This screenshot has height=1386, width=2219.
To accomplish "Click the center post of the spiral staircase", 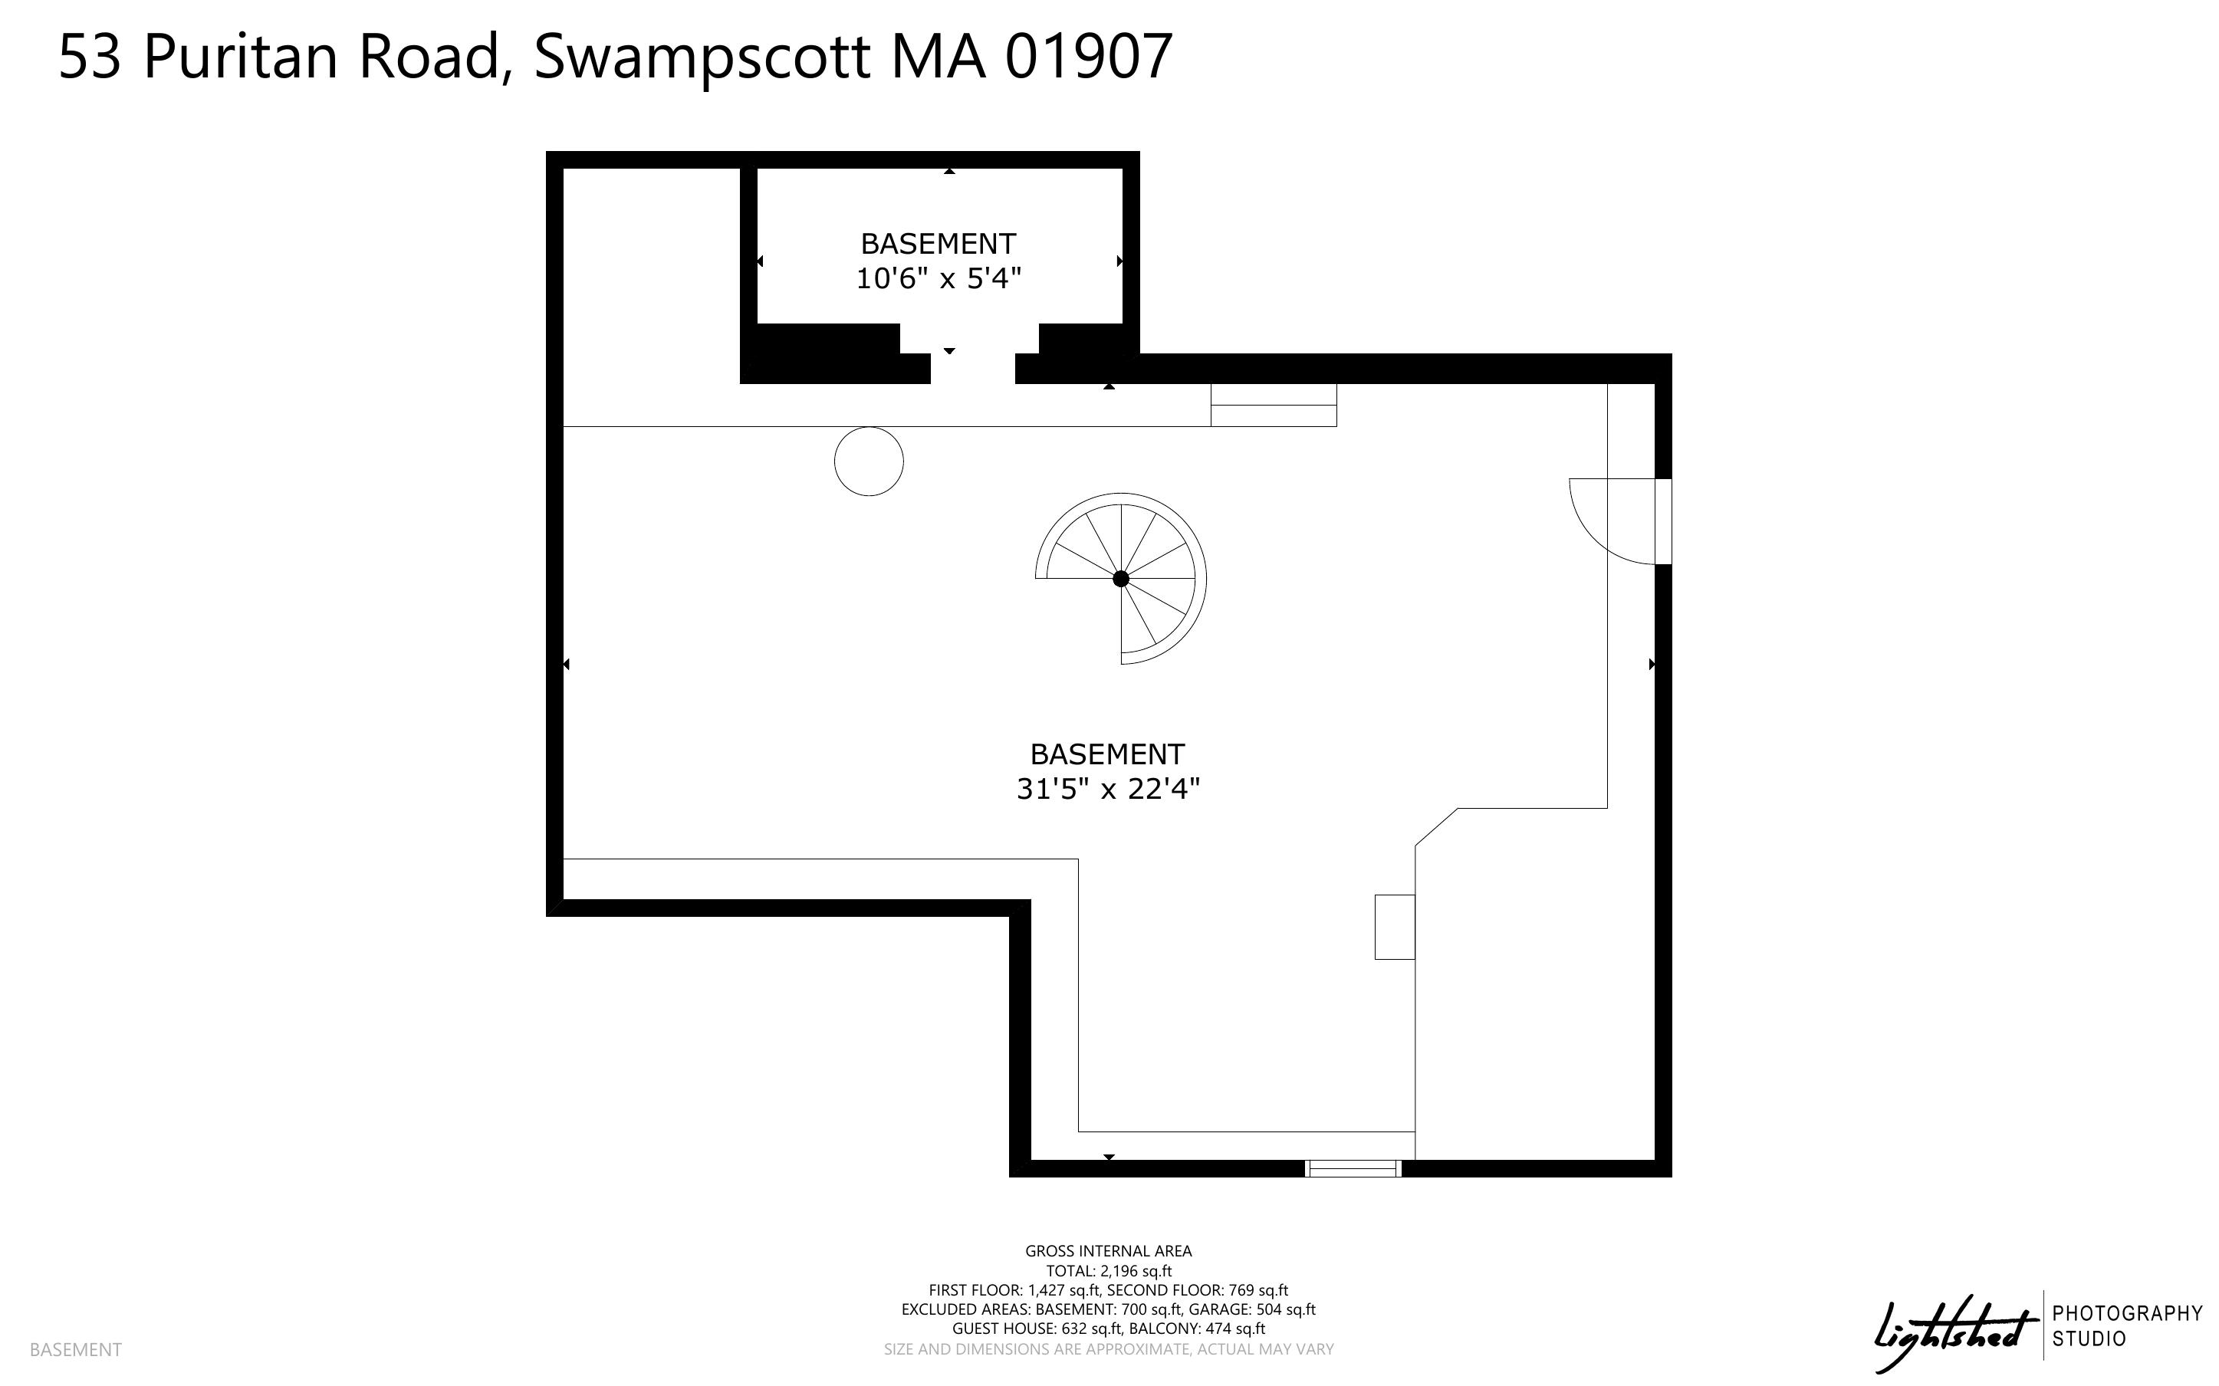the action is click(x=1120, y=579).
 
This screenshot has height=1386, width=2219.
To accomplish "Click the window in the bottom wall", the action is click(x=1353, y=1168).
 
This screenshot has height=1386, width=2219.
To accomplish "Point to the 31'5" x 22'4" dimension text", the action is click(x=1108, y=788).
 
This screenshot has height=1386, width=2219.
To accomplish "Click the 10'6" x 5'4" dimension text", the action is click(x=939, y=278).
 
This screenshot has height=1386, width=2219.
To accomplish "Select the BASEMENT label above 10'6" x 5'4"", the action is click(x=939, y=244).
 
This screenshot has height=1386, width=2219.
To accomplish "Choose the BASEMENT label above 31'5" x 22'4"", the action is click(x=1107, y=754).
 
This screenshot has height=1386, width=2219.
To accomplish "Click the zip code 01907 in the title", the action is click(x=1088, y=56).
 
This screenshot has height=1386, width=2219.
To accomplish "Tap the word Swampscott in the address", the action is click(x=702, y=57).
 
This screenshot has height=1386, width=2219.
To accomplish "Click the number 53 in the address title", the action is click(x=90, y=56).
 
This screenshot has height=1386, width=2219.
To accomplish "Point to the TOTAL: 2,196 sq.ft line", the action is click(x=1109, y=1270).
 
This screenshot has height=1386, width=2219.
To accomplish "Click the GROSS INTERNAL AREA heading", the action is click(x=1108, y=1250).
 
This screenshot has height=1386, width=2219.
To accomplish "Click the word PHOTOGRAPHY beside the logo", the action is click(x=2127, y=1312).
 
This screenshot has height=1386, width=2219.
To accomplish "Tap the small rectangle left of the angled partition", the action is click(x=1394, y=927).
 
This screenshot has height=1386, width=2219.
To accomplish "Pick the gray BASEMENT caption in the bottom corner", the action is click(x=75, y=1349).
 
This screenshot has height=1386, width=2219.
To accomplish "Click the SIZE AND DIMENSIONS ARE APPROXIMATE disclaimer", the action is click(x=1108, y=1349).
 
